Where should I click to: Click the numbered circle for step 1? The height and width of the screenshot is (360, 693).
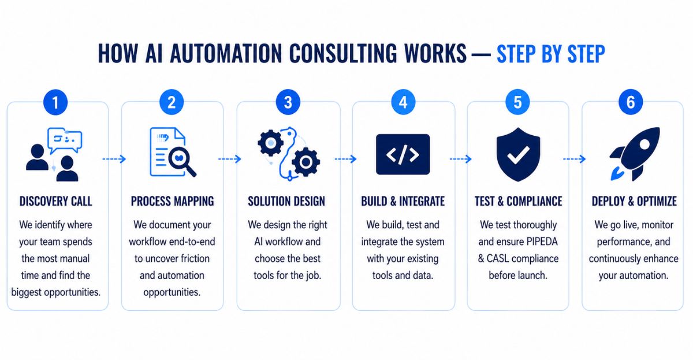coord(55,102)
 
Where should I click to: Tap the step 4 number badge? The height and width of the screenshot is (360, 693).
coord(403,102)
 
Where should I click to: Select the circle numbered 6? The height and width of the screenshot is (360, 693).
coord(631,102)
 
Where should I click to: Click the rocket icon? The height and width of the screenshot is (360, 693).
coord(634,154)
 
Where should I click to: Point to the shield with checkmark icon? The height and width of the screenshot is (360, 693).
coord(518,154)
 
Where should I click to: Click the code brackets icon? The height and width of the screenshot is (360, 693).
coord(403,154)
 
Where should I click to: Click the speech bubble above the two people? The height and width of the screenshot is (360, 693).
coord(65,140)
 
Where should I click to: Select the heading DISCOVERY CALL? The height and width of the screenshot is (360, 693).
coord(55,201)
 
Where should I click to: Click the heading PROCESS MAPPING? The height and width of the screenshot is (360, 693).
coord(172,201)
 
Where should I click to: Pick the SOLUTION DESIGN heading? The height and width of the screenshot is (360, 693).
coord(286,201)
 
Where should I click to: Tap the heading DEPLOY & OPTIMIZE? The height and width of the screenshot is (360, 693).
coord(634,201)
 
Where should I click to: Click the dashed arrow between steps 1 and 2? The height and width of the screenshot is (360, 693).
coord(114,159)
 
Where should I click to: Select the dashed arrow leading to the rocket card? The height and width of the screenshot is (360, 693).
coord(574,159)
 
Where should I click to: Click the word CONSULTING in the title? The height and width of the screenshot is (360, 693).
coord(343,54)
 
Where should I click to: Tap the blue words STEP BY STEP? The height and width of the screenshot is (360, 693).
coord(551,54)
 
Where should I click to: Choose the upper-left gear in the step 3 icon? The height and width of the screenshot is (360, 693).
coord(271,143)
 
